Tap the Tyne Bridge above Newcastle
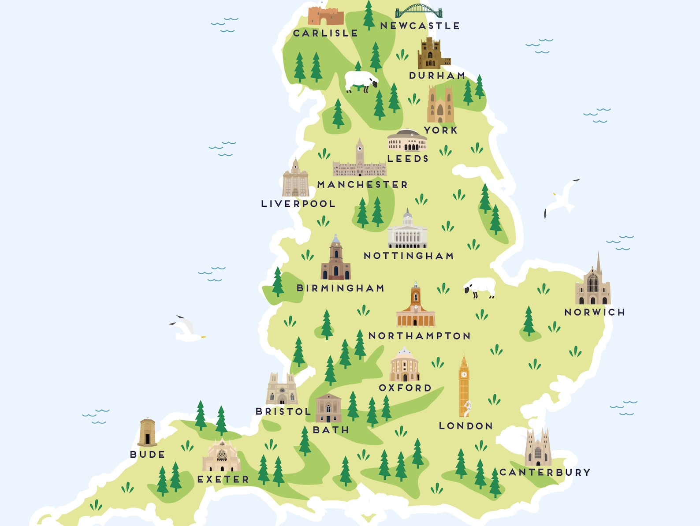(x=418, y=11)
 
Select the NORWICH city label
(x=595, y=312)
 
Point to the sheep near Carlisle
(x=361, y=82)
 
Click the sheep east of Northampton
(x=480, y=287)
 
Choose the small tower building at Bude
(x=147, y=433)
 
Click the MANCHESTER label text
(x=362, y=184)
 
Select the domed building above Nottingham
(x=407, y=231)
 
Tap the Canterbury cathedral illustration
(x=538, y=449)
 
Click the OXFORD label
(x=405, y=388)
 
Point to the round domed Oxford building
(x=404, y=365)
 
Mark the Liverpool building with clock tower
(x=295, y=179)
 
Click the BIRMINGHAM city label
(x=340, y=288)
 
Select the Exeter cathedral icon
(x=221, y=456)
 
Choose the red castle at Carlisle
(x=325, y=16)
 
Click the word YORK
(x=441, y=130)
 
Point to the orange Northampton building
(x=415, y=306)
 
